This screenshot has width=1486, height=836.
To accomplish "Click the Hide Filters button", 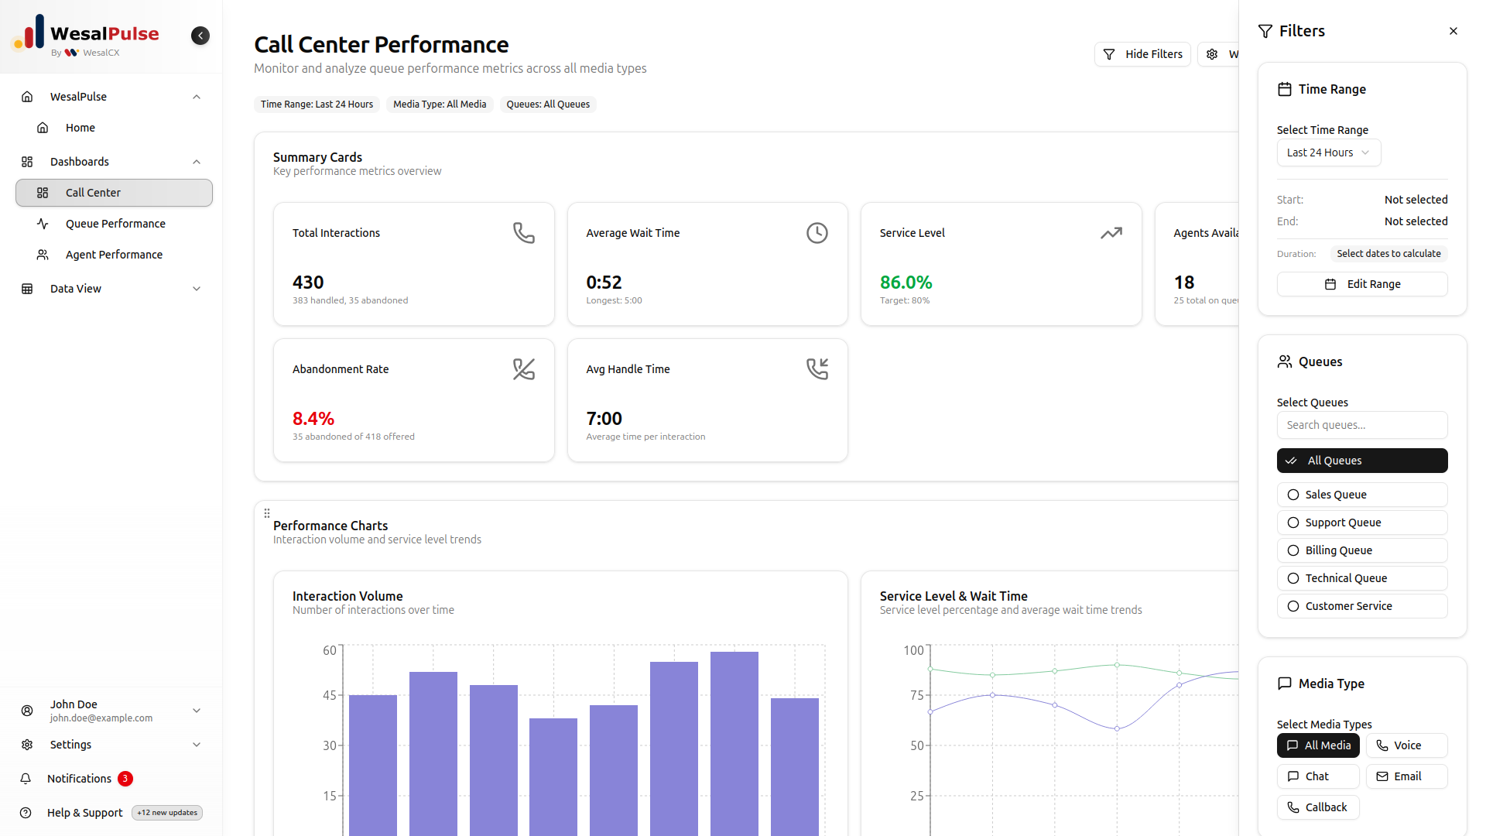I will coord(1142,54).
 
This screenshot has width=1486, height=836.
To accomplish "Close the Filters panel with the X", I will coord(1453,31).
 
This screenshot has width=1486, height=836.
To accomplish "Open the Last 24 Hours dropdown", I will coord(1328,152).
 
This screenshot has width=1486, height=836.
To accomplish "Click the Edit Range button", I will coord(1361,284).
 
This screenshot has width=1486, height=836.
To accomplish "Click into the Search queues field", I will coord(1361,425).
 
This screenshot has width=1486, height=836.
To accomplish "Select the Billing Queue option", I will coord(1361,550).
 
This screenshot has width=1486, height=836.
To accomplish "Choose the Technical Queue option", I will coord(1361,578).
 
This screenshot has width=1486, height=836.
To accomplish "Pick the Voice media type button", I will coord(1406,745).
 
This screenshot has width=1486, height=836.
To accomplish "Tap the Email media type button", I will coord(1406,776).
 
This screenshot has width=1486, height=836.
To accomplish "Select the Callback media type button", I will coord(1317,807).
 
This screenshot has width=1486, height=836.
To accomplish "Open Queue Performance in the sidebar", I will coord(115,224).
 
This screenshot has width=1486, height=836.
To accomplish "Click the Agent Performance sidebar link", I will coord(114,255).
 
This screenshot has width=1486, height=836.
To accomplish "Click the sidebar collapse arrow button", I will coord(200,36).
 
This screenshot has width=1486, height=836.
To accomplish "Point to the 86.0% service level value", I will coord(906,283).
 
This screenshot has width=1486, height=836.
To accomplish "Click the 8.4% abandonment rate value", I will coord(313,419).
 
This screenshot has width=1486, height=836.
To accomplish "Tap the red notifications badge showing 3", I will coord(125,779).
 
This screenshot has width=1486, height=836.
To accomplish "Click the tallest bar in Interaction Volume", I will coord(734,743).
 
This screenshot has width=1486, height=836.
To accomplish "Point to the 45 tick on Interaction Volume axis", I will coord(330,695).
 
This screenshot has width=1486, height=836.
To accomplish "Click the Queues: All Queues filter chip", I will coord(548,104).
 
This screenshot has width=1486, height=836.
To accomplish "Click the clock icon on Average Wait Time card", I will coord(817,233).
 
